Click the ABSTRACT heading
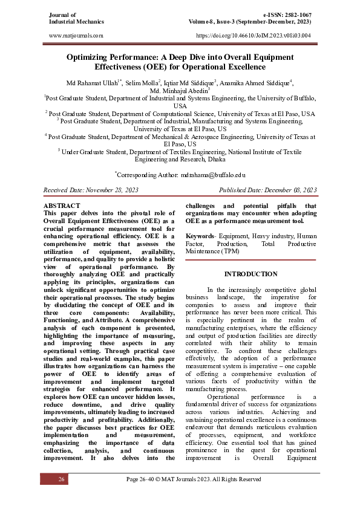point(62,206)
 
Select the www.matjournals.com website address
point(75,36)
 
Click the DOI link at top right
point(254,36)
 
